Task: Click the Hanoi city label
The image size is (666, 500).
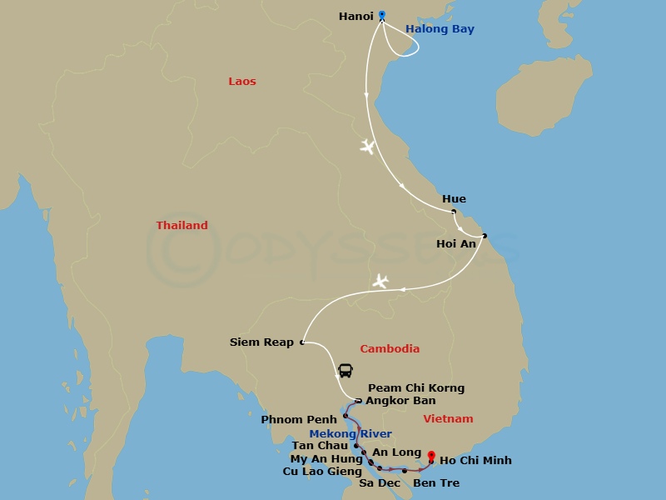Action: tap(356, 16)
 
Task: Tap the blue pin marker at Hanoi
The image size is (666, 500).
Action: tap(382, 14)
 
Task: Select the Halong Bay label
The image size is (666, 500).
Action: tap(440, 29)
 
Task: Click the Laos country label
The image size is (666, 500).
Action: tap(242, 82)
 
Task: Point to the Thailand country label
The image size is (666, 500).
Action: tap(182, 226)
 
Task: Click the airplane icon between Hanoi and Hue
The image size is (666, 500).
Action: tap(367, 147)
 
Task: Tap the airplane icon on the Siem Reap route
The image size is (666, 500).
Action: tap(380, 281)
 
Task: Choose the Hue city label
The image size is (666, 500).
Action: tap(455, 199)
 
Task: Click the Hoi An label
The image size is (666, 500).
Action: tap(456, 244)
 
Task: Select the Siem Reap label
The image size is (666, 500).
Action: tap(261, 342)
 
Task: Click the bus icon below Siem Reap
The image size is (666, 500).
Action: tap(345, 371)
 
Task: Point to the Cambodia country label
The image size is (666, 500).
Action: tap(390, 349)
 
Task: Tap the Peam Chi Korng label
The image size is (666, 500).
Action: tap(416, 388)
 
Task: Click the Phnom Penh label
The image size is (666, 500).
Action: tap(299, 419)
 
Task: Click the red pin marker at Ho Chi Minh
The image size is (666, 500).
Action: tap(431, 456)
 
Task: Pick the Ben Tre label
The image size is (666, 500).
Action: tap(436, 483)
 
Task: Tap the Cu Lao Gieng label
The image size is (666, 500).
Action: tap(322, 472)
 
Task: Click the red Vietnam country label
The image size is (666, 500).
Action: tap(448, 419)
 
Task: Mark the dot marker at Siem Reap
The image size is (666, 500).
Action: tap(302, 342)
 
